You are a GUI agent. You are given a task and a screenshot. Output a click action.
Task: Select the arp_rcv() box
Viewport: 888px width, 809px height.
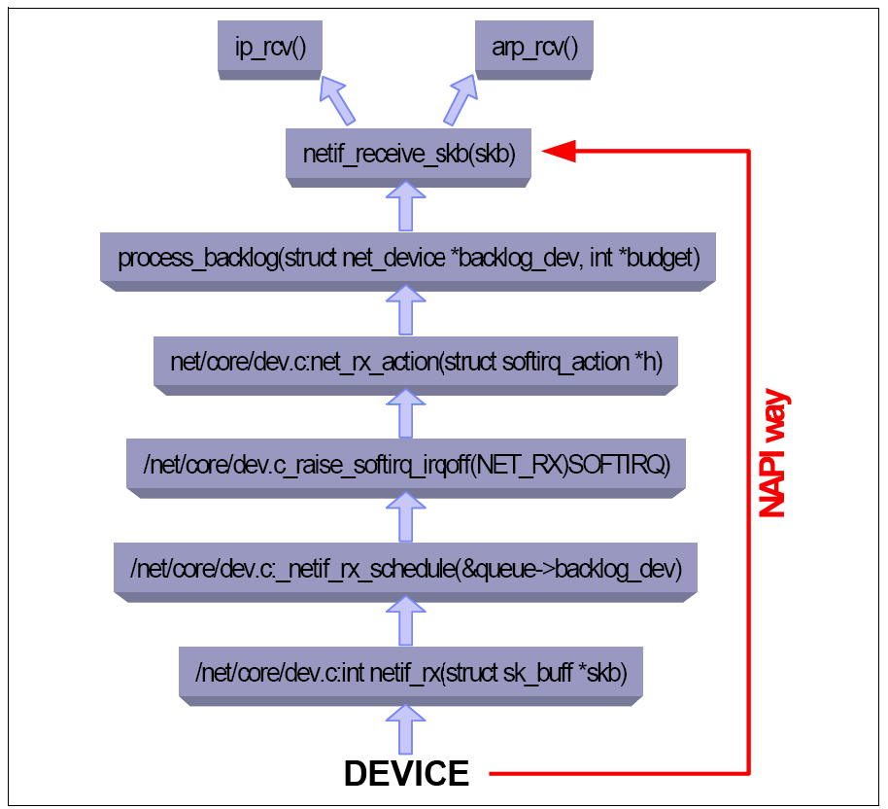click(x=534, y=47)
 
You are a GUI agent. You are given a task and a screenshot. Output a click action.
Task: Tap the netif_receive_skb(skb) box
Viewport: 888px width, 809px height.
click(x=408, y=154)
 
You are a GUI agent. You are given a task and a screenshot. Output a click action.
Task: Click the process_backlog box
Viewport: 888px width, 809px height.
click(x=408, y=259)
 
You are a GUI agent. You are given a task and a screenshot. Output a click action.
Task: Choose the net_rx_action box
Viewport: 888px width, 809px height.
click(x=416, y=362)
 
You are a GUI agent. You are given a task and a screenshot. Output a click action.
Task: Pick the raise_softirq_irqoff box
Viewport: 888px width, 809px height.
click(x=406, y=465)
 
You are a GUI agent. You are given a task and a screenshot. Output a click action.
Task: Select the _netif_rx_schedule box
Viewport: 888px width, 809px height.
click(x=406, y=567)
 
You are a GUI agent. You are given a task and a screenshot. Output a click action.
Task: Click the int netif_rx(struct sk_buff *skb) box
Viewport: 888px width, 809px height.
click(x=411, y=672)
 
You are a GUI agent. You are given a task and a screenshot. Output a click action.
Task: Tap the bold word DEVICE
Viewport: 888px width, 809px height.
click(x=406, y=774)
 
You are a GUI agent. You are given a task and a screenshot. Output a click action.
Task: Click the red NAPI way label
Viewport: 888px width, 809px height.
click(x=772, y=453)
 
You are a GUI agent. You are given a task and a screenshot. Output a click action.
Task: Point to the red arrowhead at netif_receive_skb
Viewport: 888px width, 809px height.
click(x=560, y=150)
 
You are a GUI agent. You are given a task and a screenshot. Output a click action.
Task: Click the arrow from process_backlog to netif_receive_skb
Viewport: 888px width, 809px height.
click(x=406, y=205)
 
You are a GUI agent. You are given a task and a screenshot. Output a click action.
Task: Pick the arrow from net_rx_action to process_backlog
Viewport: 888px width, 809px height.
click(x=406, y=310)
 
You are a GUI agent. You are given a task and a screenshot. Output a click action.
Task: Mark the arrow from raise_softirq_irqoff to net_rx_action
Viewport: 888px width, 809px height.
click(x=406, y=413)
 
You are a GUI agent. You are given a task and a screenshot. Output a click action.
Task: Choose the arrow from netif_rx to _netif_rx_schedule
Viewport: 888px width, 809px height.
click(x=406, y=619)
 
